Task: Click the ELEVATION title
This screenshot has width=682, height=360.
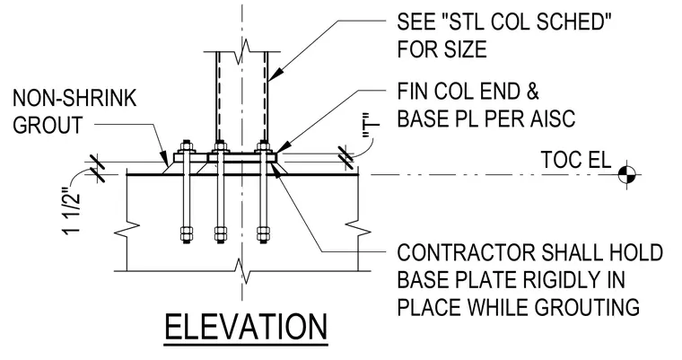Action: [246, 328]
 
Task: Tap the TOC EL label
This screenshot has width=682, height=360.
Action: [576, 160]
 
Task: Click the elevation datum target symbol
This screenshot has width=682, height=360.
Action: [626, 175]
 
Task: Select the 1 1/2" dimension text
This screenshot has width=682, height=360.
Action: [72, 211]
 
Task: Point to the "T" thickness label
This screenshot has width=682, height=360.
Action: [371, 129]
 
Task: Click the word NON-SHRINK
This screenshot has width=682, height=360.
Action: [74, 99]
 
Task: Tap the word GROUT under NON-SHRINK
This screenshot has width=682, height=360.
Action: [48, 125]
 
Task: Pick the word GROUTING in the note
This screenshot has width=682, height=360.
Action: [586, 306]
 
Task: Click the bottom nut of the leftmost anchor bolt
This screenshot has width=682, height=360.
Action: [187, 233]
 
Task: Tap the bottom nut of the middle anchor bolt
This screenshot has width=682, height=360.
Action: [220, 233]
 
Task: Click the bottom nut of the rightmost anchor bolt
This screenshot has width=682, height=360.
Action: [263, 233]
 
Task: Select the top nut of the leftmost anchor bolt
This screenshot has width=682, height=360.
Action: [187, 146]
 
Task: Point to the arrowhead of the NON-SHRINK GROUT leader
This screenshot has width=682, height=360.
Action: [165, 158]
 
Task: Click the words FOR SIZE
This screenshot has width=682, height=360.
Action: [442, 48]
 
